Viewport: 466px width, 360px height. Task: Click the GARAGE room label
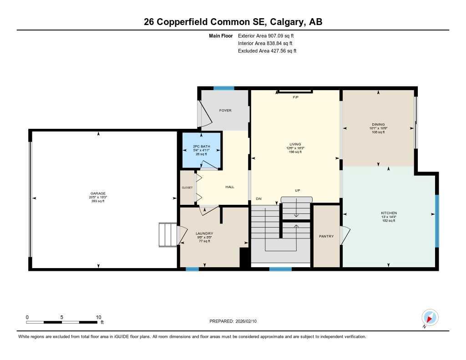point(98,193)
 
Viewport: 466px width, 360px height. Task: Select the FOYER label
point(225,111)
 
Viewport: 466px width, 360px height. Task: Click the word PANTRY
point(326,236)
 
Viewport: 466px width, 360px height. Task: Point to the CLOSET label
point(187,188)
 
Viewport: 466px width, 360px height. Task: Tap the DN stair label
point(258,199)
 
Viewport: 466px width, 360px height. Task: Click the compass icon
point(430,318)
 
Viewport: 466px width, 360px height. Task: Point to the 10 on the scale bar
point(98,317)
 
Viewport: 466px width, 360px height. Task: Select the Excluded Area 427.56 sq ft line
point(267,51)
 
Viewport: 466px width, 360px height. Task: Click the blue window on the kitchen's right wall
point(437,221)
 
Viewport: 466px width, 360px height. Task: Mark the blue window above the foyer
point(224,88)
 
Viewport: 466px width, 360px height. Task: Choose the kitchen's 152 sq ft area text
point(389,220)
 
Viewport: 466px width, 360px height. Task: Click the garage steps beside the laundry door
point(167,235)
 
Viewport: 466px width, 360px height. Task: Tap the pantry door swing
point(345,235)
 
